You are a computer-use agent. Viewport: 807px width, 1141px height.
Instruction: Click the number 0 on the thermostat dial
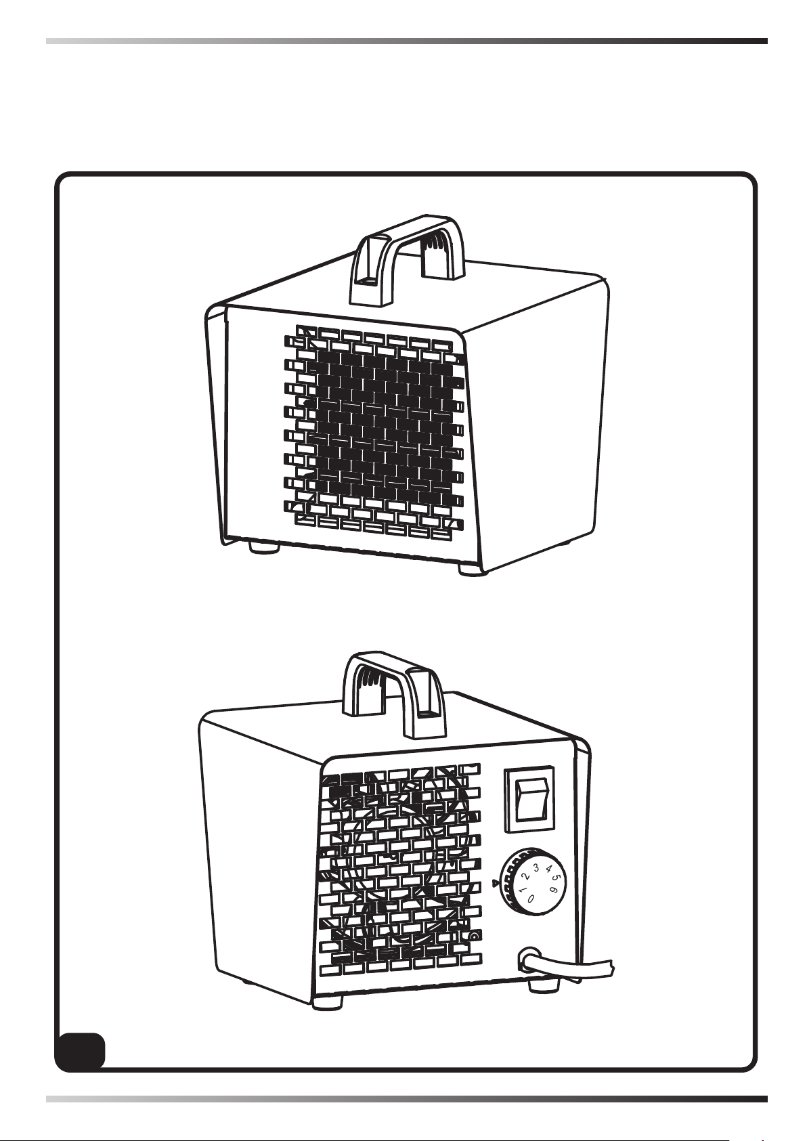tap(531, 898)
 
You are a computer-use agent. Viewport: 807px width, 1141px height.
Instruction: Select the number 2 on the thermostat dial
tap(525, 877)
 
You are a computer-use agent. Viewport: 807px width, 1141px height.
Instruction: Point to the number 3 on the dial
tap(536, 868)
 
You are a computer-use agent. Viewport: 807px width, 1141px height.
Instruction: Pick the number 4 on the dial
tap(548, 869)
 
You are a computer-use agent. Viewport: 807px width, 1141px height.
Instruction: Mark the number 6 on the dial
tap(554, 890)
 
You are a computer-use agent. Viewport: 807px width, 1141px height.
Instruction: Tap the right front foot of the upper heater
tap(473, 569)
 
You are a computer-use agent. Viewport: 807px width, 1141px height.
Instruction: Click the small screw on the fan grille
tap(473, 937)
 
